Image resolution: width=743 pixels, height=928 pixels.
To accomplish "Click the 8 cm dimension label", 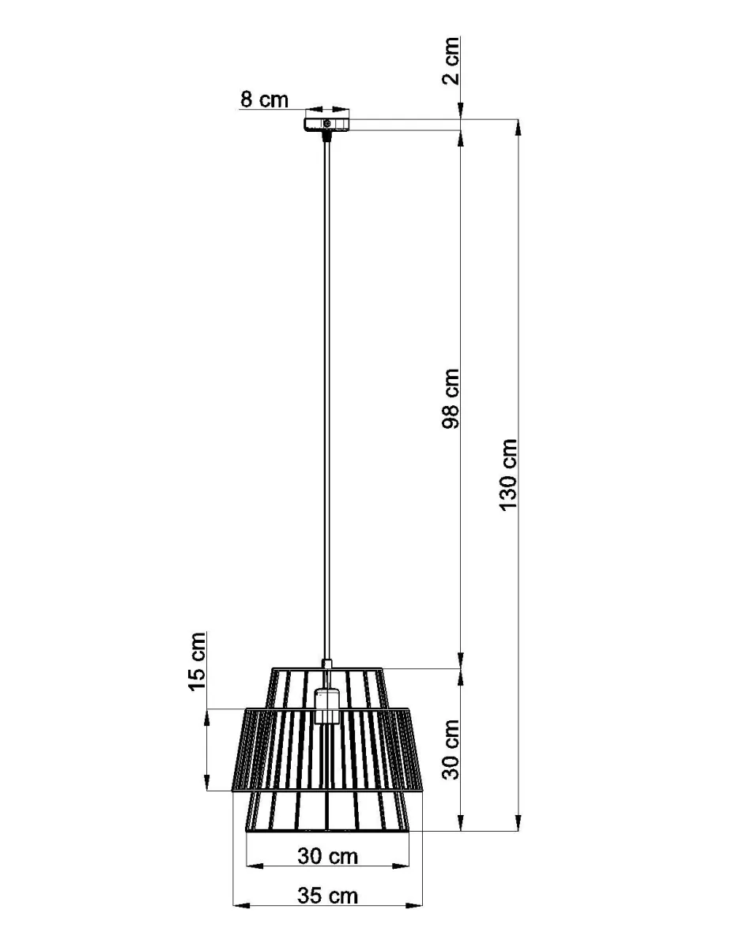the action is click(264, 99).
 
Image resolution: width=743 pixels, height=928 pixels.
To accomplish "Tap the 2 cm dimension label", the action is click(451, 60).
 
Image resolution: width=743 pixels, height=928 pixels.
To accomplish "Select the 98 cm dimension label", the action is click(451, 398).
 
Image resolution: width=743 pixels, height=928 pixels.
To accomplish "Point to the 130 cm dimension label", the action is click(509, 474).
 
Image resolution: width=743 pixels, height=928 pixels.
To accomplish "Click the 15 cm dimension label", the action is click(197, 660).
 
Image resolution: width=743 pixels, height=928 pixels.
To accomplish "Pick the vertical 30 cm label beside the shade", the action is click(451, 750).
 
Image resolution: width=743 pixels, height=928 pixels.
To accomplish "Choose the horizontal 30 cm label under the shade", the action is click(328, 856).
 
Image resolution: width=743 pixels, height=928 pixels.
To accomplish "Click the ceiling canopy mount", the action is click(326, 124).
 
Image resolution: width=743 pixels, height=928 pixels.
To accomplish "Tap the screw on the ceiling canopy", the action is click(327, 124).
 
